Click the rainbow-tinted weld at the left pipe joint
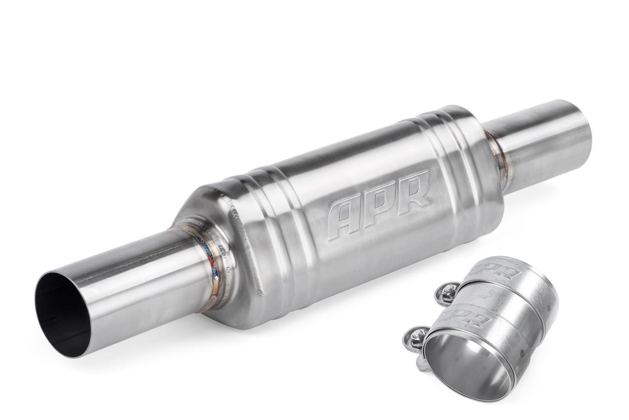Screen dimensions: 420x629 pos(212,265)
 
